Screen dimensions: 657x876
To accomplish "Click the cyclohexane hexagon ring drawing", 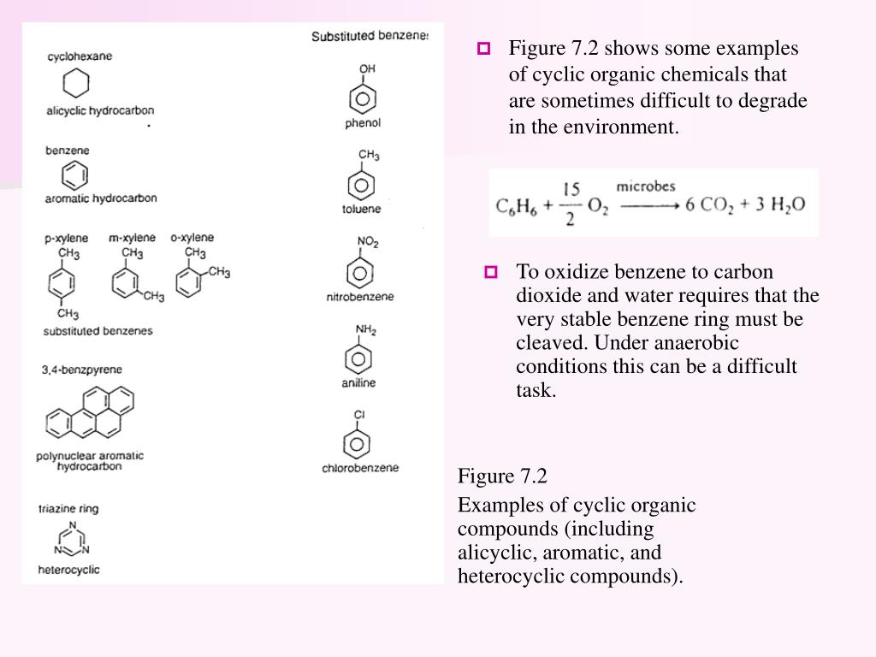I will (75, 83).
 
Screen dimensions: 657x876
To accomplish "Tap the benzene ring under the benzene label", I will (74, 175).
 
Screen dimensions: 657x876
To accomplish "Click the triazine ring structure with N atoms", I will (74, 540).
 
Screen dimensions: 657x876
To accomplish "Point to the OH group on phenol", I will (367, 68).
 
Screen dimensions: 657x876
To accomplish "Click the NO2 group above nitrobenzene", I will (368, 243).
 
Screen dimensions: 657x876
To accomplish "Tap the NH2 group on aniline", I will (366, 330).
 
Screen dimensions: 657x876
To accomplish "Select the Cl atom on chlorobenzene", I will (360, 415).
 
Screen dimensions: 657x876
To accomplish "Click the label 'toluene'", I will (362, 210).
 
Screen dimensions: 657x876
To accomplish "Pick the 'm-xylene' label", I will (132, 238).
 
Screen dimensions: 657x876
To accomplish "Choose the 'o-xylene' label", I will (192, 238).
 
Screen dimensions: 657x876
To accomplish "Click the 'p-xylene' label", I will (65, 239).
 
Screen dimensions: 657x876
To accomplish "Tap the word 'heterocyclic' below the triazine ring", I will (68, 570).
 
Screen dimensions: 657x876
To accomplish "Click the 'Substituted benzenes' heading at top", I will (369, 36).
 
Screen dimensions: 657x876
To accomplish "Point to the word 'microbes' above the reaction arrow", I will (646, 186).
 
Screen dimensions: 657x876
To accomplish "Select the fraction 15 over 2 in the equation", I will (571, 204).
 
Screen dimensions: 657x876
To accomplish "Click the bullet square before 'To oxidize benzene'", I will (491, 273).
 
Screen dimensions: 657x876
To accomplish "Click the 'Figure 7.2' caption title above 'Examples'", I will (502, 476).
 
